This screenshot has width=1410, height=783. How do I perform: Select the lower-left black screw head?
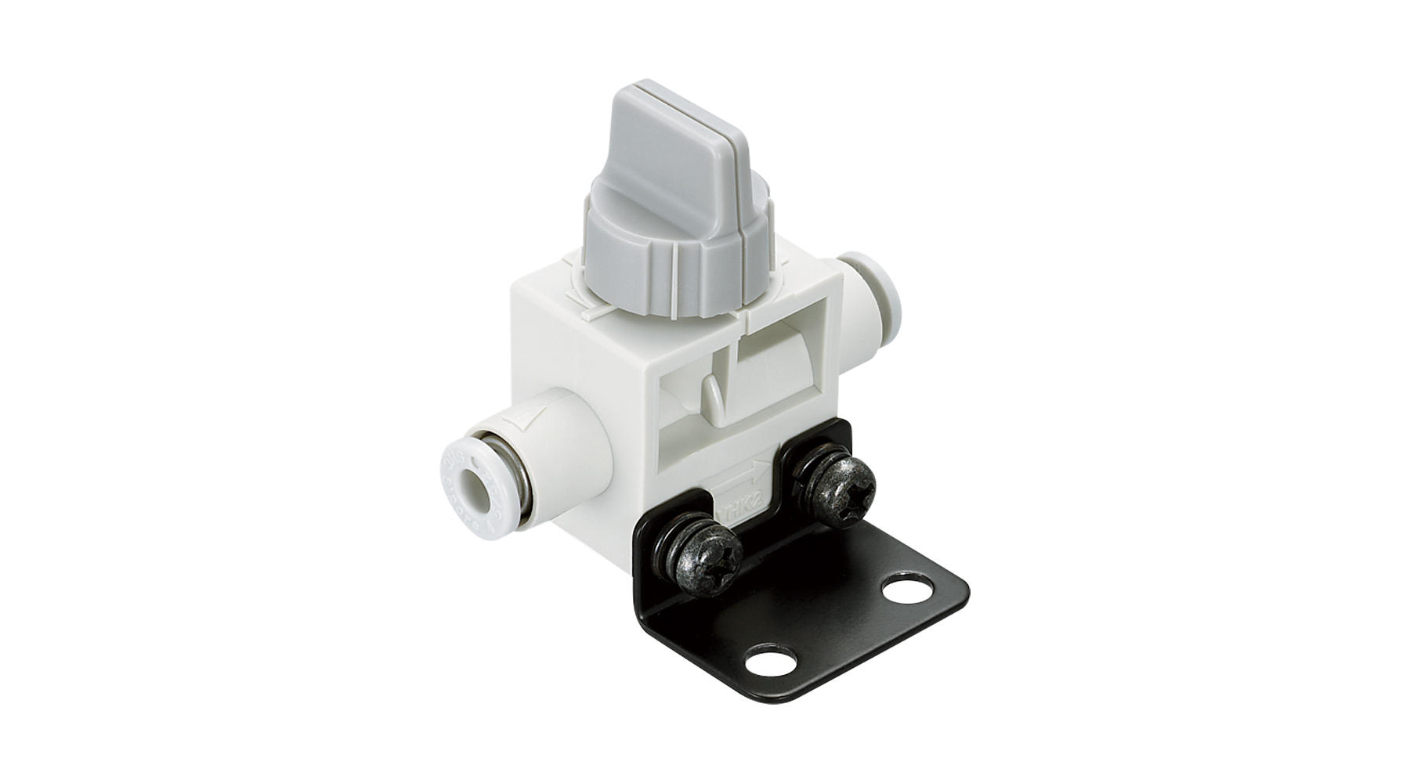705,559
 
